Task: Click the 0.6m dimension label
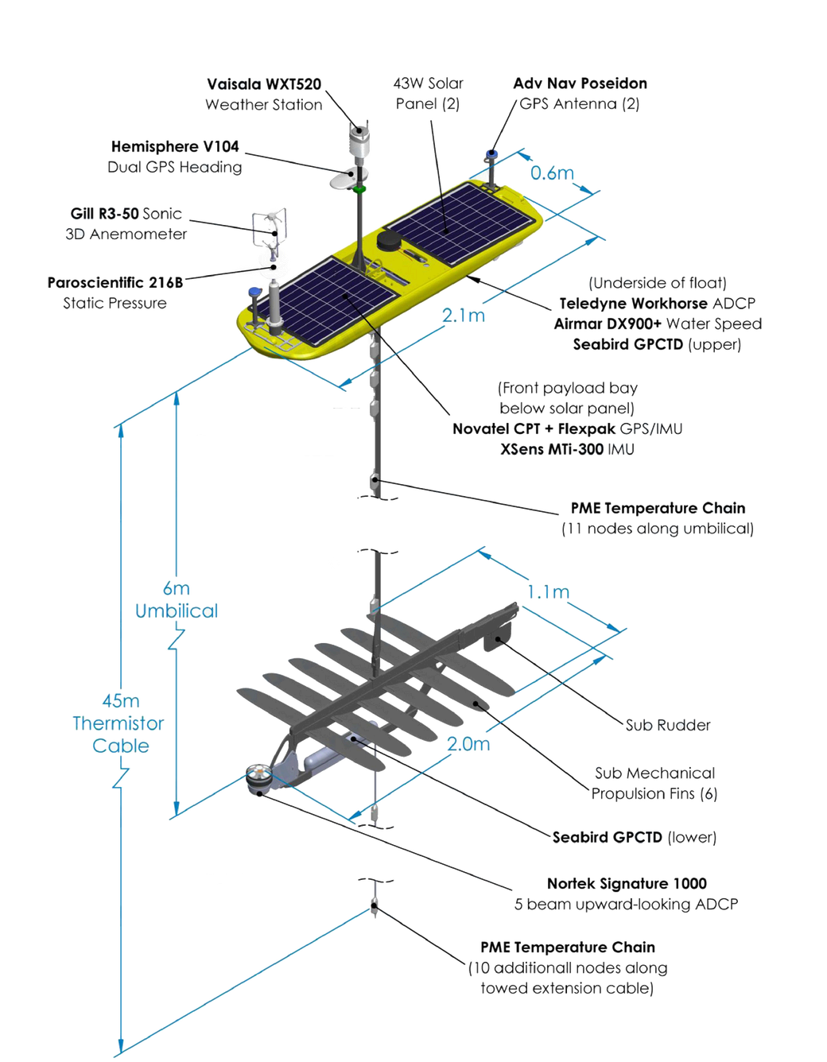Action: click(552, 173)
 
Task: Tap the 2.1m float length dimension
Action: click(463, 316)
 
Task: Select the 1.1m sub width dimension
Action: click(548, 592)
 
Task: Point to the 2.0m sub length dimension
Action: click(468, 744)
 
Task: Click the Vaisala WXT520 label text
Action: click(264, 84)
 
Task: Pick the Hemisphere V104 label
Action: click(175, 147)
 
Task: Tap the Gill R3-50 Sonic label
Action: click(126, 214)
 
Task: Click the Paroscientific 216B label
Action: click(115, 283)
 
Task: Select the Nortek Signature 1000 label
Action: click(627, 884)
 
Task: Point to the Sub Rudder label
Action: click(668, 725)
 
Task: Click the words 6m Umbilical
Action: click(177, 600)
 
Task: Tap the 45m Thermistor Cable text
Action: click(119, 723)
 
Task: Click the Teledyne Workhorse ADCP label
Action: click(657, 304)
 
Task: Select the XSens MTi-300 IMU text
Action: click(567, 449)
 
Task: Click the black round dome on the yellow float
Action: click(390, 239)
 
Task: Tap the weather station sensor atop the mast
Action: click(359, 142)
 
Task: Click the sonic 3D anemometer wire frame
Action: click(270, 228)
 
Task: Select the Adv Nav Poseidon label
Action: click(580, 83)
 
